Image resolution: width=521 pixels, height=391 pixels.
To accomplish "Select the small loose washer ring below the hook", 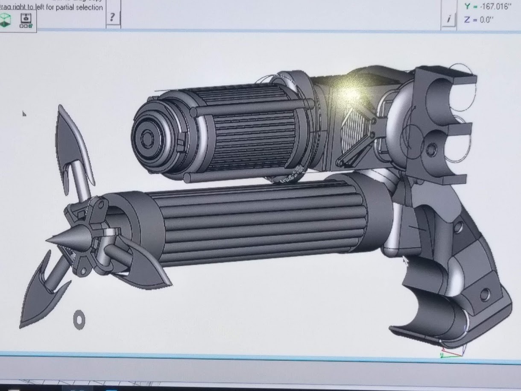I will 79,319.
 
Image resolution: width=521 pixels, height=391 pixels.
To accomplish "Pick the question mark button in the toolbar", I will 112,17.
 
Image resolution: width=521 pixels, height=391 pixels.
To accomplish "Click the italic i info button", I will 448,19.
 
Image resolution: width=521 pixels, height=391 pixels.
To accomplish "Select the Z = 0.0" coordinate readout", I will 478,20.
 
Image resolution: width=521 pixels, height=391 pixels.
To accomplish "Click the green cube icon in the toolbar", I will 6,20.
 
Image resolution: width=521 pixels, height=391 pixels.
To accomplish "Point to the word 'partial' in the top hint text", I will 64,7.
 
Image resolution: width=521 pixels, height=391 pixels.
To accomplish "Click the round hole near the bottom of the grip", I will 484,294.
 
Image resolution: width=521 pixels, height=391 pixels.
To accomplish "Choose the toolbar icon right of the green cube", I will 26,20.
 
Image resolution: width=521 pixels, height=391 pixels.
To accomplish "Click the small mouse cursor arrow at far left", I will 24,114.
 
